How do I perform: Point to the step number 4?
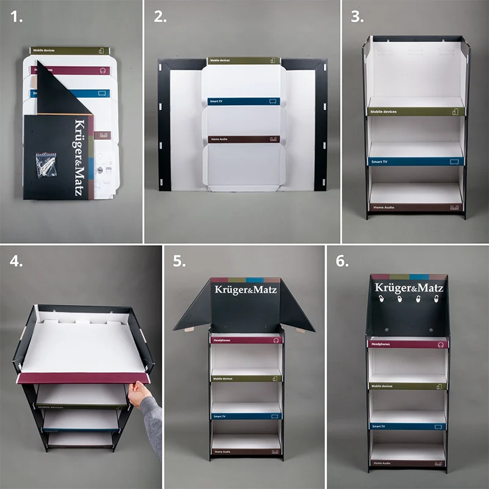tap(18, 261)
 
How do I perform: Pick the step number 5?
tap(179, 261)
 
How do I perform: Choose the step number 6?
tap(342, 261)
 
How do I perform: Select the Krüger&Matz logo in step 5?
tap(244, 289)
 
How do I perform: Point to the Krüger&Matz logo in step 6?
tap(409, 287)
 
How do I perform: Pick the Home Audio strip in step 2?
tap(243, 139)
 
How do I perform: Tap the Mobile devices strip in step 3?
tap(416, 111)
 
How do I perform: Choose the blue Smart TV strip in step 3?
tap(416, 161)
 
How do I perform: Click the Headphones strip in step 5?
tap(244, 339)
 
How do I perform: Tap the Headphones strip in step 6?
tap(408, 344)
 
